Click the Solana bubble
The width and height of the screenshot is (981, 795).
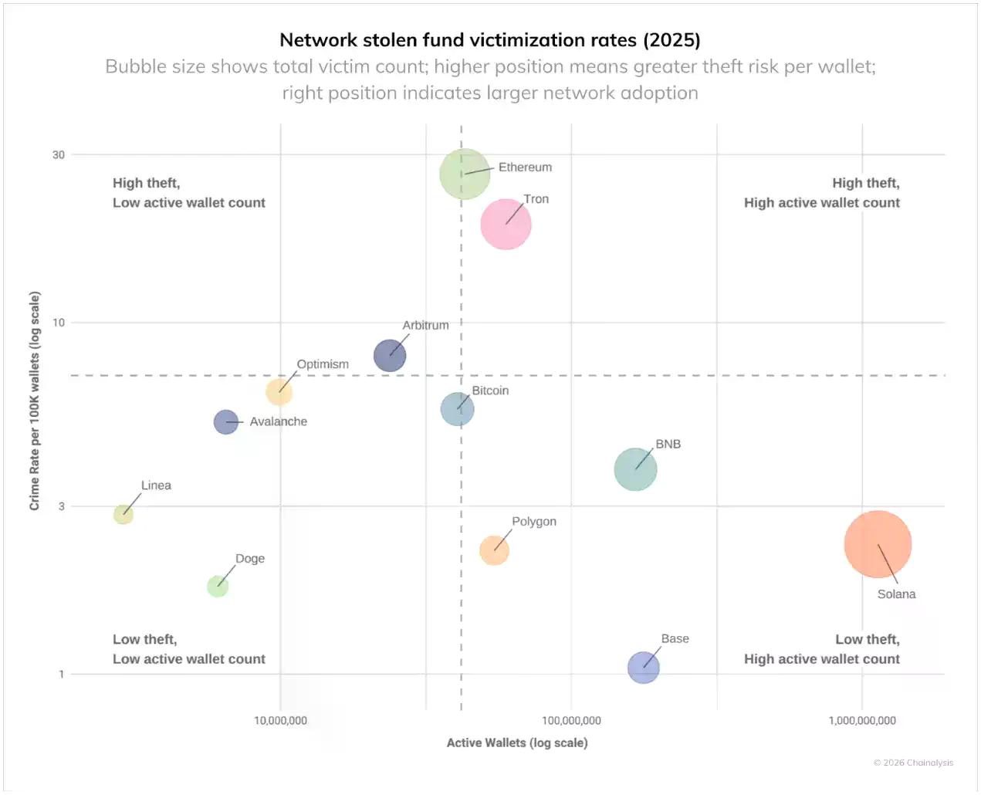coord(878,544)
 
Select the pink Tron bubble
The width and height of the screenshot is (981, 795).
coord(506,225)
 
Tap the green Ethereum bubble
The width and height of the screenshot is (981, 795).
coord(465,174)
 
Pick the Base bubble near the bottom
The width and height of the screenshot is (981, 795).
coord(643,668)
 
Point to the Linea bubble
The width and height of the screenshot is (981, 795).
coord(123,514)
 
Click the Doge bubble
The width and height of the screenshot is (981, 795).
coord(218,587)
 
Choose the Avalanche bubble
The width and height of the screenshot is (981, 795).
coord(225,422)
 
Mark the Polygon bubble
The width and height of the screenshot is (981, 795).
coord(494,550)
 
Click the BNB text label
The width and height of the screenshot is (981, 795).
coord(668,444)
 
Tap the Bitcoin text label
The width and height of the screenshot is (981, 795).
coord(490,391)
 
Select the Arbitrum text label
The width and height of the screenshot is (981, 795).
coord(425,325)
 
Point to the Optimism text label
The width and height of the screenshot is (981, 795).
coord(323,364)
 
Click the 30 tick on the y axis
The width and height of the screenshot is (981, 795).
coord(59,154)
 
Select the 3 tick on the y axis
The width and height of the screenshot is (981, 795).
coord(62,506)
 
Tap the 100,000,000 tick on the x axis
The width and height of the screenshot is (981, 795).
coord(571,721)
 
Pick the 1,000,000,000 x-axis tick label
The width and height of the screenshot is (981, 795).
coord(862,721)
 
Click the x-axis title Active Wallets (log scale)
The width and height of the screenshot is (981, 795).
coord(517,743)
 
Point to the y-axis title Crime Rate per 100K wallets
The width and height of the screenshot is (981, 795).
coord(35,401)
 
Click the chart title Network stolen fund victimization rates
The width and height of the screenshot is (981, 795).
coord(490,40)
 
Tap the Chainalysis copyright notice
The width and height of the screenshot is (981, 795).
coord(913,763)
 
